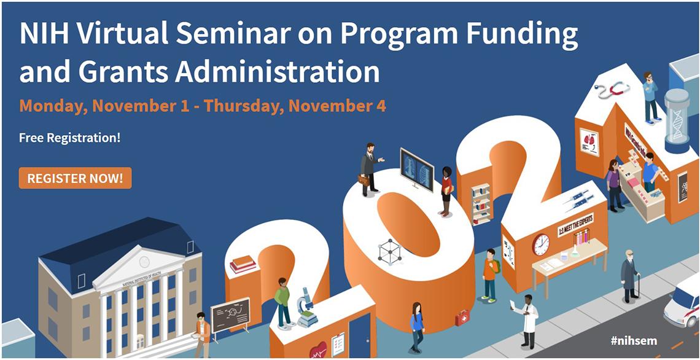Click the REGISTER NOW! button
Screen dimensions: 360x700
tap(75, 178)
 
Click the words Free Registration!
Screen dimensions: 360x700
tap(69, 138)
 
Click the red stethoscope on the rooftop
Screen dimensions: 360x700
tap(614, 91)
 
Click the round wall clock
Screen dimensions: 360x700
tap(540, 244)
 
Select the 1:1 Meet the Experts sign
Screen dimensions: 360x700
tap(575, 224)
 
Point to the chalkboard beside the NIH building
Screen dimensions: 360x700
tap(230, 314)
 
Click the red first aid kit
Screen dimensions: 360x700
tap(461, 318)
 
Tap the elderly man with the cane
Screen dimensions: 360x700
tap(629, 275)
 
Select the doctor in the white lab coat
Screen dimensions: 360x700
tap(528, 319)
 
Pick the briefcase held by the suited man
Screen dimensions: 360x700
tap(364, 180)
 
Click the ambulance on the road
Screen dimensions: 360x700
tap(682, 302)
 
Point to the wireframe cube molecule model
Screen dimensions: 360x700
tap(389, 252)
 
